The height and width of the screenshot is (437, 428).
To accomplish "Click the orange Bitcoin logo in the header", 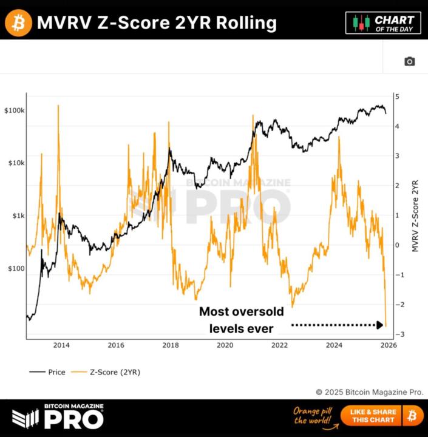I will coord(18,22).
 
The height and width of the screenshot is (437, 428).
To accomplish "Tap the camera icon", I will coord(409,61).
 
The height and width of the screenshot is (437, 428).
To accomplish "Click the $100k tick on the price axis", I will coord(13,111).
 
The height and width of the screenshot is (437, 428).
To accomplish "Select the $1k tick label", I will coord(16,216).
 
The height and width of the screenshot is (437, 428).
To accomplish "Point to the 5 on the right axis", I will coord(396,97).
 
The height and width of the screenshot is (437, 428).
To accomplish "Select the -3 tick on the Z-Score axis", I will coord(395,334).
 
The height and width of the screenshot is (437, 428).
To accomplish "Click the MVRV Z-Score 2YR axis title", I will coord(415,215).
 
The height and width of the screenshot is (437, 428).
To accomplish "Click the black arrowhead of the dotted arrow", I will coord(379,325).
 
